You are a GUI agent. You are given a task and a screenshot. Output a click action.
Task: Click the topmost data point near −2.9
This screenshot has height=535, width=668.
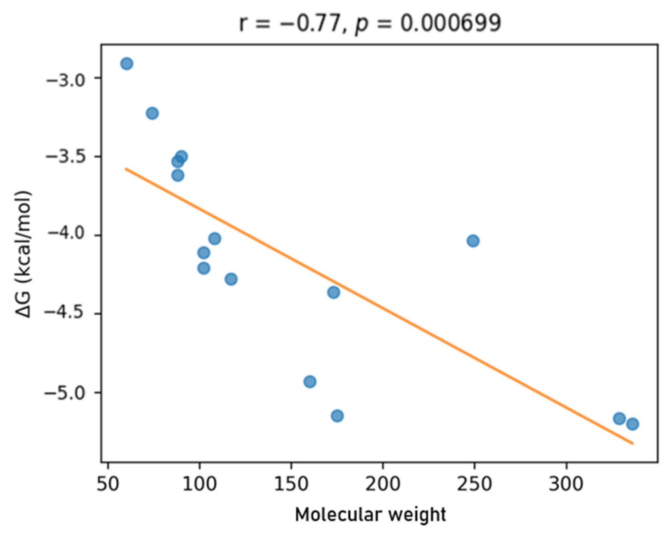(127, 64)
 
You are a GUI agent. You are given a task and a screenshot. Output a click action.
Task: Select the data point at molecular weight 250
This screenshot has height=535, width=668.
(473, 241)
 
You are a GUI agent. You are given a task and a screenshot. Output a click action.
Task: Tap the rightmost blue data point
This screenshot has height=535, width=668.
(633, 424)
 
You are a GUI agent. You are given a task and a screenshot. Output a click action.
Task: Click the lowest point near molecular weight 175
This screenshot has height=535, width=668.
(337, 416)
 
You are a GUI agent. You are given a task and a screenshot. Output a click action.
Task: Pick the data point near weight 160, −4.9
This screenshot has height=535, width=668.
(310, 381)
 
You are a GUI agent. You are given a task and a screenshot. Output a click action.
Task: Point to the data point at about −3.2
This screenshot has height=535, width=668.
(152, 113)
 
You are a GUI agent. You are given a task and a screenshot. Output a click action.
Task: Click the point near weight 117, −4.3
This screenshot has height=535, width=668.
(231, 279)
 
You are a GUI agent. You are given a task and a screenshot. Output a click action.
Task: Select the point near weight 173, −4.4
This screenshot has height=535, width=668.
(333, 293)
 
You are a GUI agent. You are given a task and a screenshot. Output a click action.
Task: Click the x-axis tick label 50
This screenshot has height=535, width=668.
(108, 484)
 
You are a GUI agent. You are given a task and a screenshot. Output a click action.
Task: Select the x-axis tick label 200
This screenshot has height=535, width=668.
(383, 484)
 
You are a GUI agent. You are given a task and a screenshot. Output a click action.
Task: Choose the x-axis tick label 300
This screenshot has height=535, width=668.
(566, 484)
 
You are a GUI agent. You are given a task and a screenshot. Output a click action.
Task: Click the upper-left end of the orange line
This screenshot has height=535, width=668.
(126, 168)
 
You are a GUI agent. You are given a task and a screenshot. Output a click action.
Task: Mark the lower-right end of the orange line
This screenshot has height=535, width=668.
(633, 444)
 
